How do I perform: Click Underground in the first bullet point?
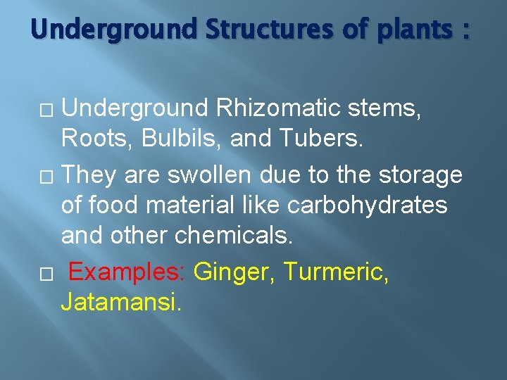pyautogui.click(x=134, y=109)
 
